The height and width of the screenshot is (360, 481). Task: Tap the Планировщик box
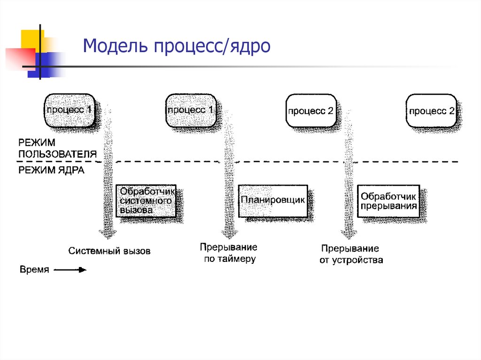[x=273, y=200]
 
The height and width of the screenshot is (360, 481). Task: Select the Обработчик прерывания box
[x=388, y=200]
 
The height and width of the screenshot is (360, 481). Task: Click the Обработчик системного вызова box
[x=146, y=200]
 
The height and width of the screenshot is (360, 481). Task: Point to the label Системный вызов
[x=109, y=251]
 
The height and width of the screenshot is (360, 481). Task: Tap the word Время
[x=34, y=270]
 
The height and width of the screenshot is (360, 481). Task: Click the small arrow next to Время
[x=70, y=270]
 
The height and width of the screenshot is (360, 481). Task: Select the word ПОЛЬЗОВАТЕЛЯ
[x=57, y=153]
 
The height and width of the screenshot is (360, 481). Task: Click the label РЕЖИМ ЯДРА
[x=51, y=170]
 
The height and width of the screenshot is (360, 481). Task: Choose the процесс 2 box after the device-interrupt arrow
[x=431, y=111]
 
